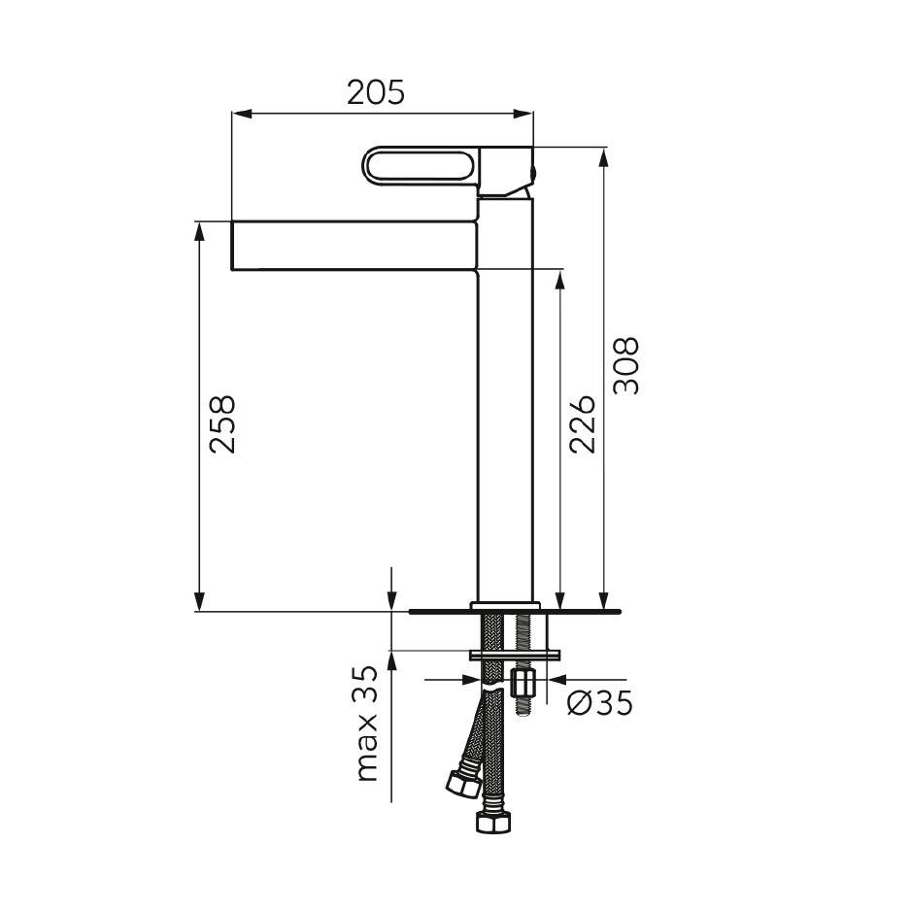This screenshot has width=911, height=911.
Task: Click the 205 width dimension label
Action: click(375, 92)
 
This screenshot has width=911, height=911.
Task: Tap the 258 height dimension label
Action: click(222, 424)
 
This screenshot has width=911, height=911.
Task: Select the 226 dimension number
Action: click(583, 424)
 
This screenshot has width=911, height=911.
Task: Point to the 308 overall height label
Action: click(626, 366)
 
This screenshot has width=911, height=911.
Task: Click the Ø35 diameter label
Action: click(599, 703)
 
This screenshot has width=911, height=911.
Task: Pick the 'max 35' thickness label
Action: click(366, 724)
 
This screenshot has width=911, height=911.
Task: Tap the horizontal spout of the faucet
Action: click(354, 245)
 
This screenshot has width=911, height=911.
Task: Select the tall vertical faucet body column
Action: click(505, 400)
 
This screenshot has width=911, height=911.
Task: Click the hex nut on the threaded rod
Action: click(522, 685)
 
